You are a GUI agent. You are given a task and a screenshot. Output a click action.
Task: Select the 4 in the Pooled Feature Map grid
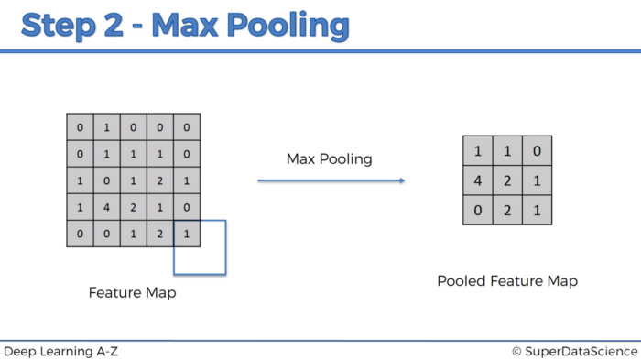(x=478, y=180)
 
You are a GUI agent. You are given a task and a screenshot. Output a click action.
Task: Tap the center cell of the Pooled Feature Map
(x=507, y=180)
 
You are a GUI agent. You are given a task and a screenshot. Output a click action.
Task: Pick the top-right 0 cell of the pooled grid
(x=537, y=150)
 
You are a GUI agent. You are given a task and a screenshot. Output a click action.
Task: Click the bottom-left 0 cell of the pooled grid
(x=478, y=211)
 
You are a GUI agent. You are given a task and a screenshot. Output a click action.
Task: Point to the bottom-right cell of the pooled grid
(x=537, y=211)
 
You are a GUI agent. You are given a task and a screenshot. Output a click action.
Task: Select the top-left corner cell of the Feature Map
(x=80, y=126)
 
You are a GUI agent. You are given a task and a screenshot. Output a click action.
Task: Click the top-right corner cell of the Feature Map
(x=186, y=126)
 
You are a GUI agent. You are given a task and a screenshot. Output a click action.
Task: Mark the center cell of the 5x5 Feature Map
(x=133, y=180)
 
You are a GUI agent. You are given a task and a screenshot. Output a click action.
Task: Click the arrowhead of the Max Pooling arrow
(x=400, y=180)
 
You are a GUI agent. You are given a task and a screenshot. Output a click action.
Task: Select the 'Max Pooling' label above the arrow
(x=329, y=158)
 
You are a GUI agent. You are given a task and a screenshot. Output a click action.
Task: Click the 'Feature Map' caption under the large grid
(x=132, y=293)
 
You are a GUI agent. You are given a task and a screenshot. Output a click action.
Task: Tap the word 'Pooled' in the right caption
(x=461, y=281)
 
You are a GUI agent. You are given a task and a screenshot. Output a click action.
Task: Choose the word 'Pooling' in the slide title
(x=293, y=25)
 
